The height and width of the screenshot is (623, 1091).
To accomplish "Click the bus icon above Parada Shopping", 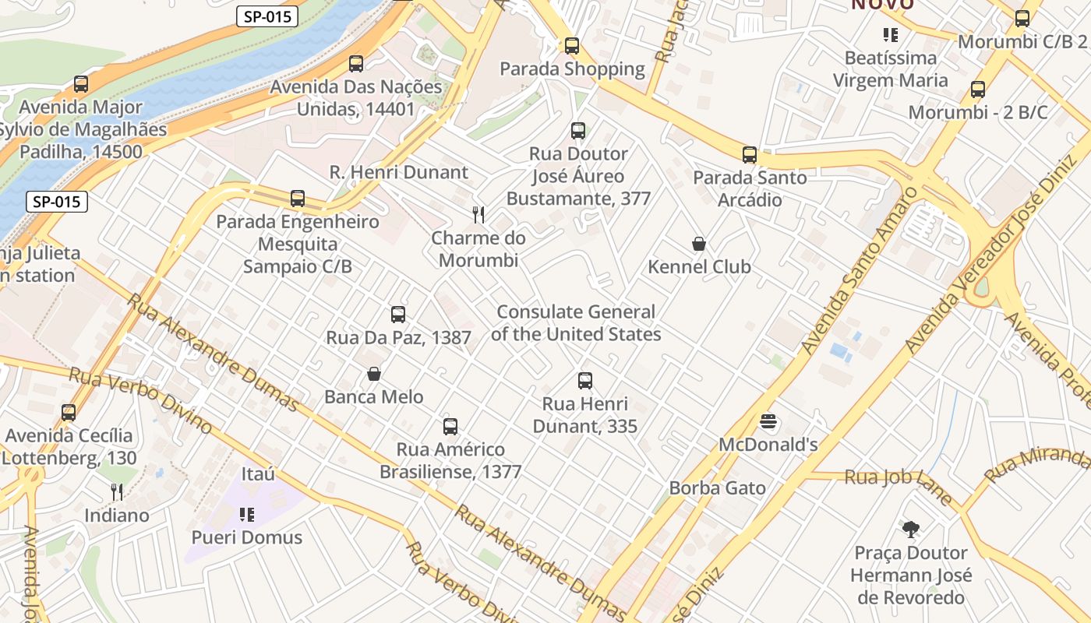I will [x=572, y=46].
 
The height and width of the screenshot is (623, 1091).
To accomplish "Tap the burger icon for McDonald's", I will [x=768, y=422].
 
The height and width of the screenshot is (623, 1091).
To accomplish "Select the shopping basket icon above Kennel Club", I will [x=699, y=244].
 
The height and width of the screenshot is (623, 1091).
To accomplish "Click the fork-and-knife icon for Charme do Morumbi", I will [x=478, y=214].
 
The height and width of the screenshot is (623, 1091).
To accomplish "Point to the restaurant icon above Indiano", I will [x=117, y=491].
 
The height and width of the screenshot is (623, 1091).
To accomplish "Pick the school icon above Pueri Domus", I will [x=247, y=514].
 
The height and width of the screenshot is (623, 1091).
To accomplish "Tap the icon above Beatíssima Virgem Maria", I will [x=890, y=35].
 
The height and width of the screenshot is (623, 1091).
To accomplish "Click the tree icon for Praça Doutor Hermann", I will [x=910, y=530].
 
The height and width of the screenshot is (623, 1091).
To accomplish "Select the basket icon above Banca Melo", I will [x=374, y=374].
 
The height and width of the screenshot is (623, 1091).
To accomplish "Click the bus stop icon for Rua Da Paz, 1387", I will [x=398, y=315].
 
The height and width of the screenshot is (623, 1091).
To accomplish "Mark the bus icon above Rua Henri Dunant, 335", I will [x=585, y=381].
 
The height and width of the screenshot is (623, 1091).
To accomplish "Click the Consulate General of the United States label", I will [x=576, y=323].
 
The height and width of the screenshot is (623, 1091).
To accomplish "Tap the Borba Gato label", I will [x=717, y=488].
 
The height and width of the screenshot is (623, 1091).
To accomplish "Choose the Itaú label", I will [x=258, y=474].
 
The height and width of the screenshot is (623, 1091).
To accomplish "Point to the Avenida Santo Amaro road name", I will [x=856, y=270].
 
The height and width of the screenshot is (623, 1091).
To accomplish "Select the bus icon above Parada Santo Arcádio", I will [x=750, y=155].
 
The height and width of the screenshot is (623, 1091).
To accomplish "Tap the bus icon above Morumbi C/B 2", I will [x=1022, y=19].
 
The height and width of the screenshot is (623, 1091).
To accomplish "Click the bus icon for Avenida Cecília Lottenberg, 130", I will [x=69, y=413].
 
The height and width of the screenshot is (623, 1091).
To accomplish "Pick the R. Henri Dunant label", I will [x=399, y=172].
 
